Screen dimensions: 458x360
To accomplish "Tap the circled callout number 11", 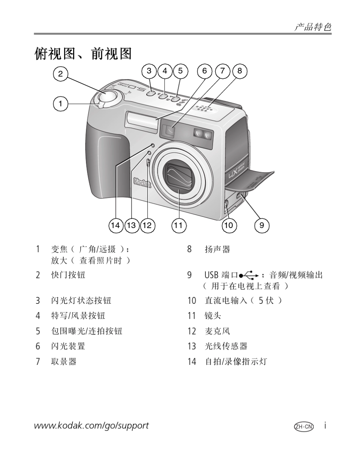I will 178,226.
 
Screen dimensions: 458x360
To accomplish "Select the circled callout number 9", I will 261,226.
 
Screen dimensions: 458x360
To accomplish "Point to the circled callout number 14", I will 116,226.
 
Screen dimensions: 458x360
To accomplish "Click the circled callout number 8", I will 239,71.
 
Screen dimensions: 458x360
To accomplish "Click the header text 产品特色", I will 313,27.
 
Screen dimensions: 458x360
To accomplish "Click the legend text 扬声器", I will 218,249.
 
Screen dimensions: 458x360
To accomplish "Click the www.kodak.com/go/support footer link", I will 91,425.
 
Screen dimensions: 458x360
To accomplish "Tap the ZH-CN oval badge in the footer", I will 304,426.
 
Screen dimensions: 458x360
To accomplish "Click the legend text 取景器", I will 64,361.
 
